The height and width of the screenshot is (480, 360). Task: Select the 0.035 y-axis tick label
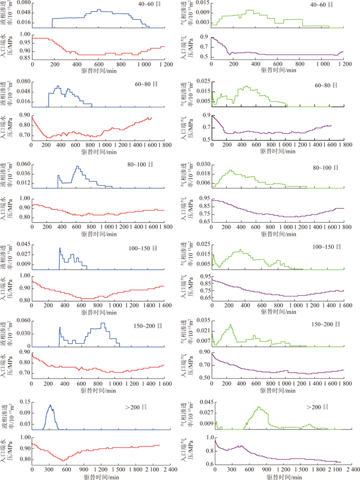pyautogui.click(x=205, y=320)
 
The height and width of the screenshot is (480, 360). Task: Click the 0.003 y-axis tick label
pyautogui.click(x=205, y=23)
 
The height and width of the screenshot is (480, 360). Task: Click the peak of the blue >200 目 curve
pyautogui.click(x=50, y=405)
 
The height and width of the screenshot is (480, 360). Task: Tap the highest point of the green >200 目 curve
pyautogui.click(x=259, y=407)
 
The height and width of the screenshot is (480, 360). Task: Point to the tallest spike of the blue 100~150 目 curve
pyautogui.click(x=60, y=248)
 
